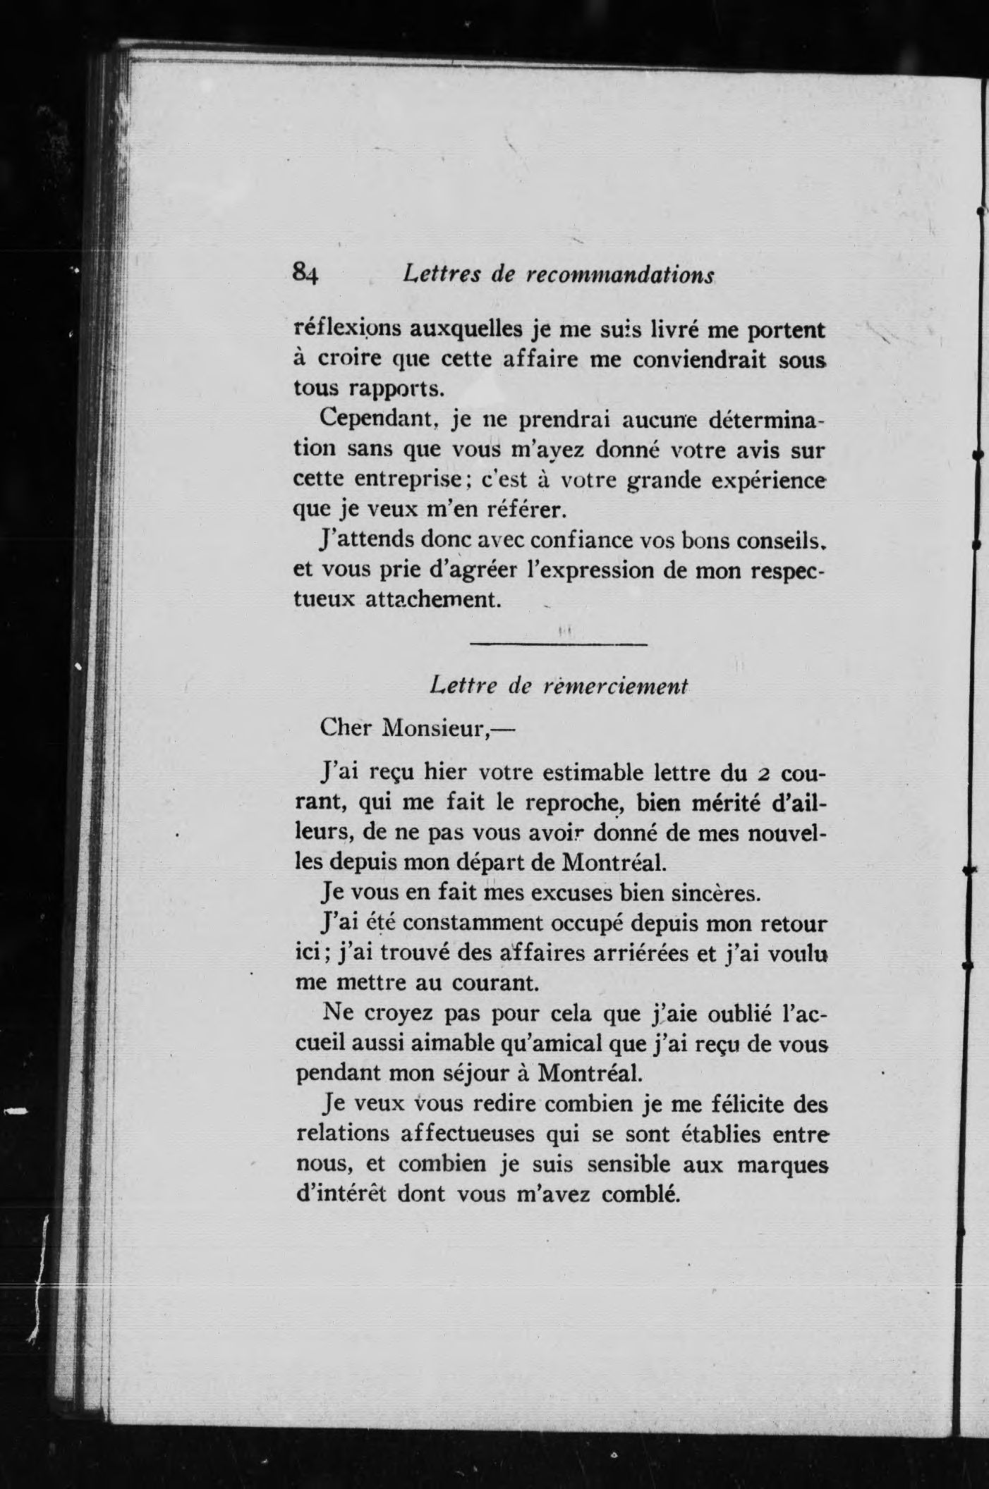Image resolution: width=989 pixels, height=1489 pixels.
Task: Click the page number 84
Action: pyautogui.click(x=306, y=273)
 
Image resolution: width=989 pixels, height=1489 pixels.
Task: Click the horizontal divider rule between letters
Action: pyautogui.click(x=558, y=644)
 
